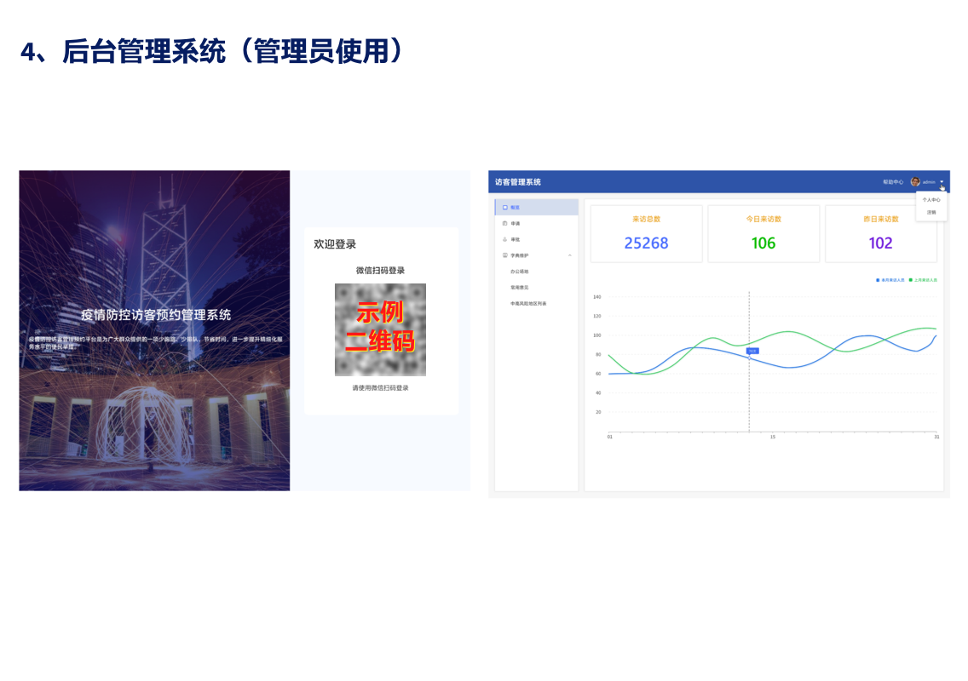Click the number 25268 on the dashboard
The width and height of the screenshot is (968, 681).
646,243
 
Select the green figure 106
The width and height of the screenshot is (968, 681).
763,243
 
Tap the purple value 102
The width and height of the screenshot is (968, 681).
880,243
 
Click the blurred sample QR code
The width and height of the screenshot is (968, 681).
380,329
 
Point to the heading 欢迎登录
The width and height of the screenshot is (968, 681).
335,244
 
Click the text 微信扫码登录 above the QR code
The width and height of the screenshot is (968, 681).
380,271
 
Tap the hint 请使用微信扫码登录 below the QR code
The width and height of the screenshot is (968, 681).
380,388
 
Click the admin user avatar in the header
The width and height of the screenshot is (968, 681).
915,181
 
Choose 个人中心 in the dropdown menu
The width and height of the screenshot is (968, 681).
931,200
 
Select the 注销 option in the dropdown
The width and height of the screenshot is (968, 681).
931,212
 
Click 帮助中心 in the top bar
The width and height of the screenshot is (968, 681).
893,182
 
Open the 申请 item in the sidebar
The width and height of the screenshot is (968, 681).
516,223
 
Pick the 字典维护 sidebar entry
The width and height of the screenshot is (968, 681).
520,255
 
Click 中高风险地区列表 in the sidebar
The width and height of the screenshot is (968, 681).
528,303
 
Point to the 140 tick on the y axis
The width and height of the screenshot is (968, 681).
597,297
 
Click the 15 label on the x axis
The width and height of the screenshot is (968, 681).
773,437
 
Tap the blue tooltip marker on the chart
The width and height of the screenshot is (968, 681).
752,351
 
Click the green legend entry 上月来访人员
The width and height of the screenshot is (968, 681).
925,280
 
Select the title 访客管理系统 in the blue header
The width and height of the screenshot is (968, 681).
517,182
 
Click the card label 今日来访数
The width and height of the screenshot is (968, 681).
763,219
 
